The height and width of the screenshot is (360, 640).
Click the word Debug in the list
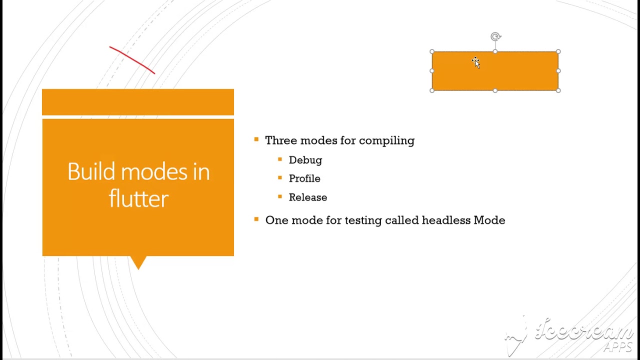click(x=305, y=160)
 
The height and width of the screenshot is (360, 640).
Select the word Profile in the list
click(x=304, y=178)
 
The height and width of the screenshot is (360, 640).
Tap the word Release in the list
click(x=307, y=197)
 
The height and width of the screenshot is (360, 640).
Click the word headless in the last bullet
click(x=446, y=220)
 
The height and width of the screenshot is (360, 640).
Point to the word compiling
click(x=386, y=141)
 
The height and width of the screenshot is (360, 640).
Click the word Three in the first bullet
click(x=280, y=140)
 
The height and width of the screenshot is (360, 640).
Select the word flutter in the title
click(x=138, y=199)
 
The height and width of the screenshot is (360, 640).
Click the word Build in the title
click(x=91, y=172)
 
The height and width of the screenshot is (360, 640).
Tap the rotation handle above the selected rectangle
click(x=495, y=36)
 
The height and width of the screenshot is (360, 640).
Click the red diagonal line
click(x=132, y=60)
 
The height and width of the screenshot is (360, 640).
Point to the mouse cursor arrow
click(x=475, y=62)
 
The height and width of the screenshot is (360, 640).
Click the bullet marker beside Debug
click(x=280, y=159)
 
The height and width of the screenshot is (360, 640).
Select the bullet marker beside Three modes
click(x=256, y=139)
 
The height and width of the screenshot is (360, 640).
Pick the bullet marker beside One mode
click(x=256, y=219)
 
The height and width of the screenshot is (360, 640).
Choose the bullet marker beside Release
click(x=280, y=196)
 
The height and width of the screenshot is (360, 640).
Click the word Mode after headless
click(x=489, y=220)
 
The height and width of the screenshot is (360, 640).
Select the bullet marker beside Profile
click(x=280, y=177)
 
